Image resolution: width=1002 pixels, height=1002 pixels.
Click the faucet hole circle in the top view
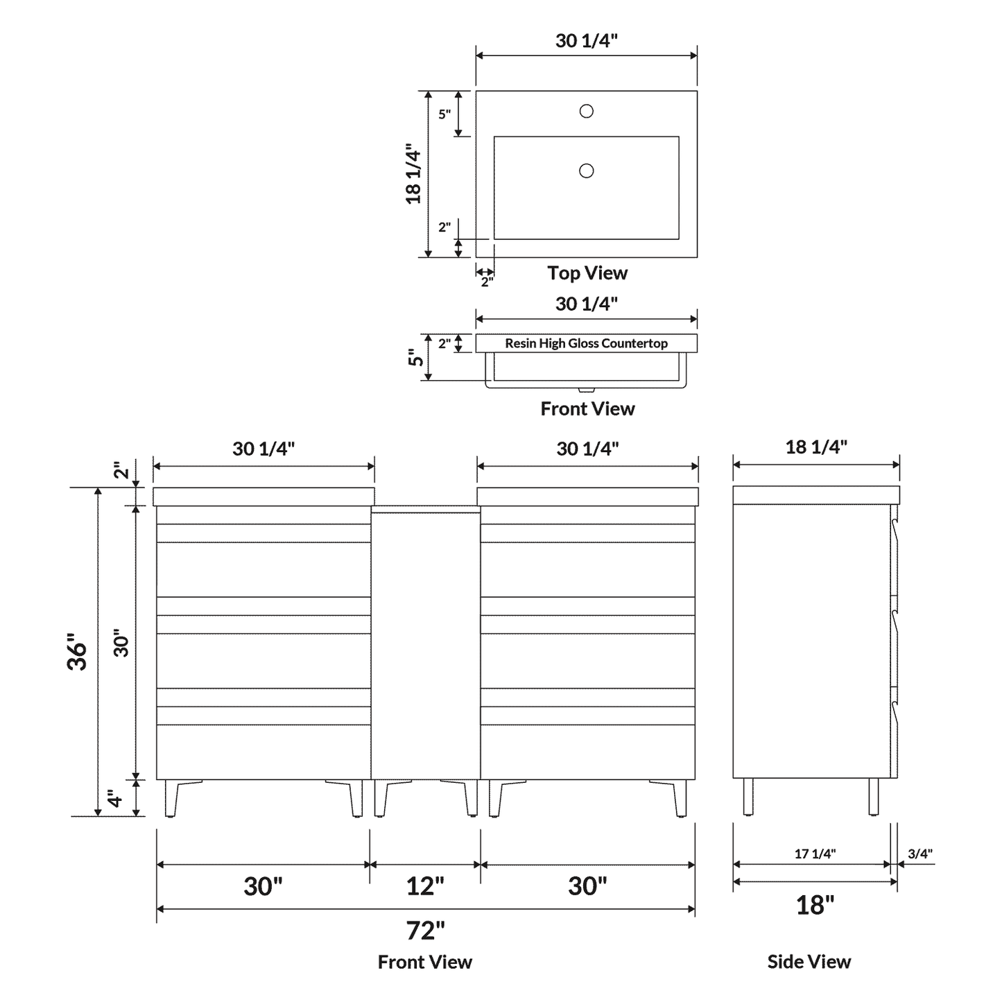coord(586,111)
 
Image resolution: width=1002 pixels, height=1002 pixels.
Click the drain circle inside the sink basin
coord(586,171)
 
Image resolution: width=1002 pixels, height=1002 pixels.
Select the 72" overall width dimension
coord(425,930)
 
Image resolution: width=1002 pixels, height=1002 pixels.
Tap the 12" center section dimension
coord(425,886)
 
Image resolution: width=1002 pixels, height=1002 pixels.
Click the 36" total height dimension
coord(78,651)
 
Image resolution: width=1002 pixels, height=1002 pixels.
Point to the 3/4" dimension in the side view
coord(920,854)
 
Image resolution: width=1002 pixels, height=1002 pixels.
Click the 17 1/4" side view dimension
coord(815,854)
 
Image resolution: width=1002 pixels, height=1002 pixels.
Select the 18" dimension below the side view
coord(815,904)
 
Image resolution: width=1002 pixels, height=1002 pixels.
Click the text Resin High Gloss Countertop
coord(586,343)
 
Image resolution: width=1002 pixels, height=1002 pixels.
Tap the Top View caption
coord(587,273)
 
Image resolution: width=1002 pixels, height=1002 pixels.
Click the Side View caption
coord(809,962)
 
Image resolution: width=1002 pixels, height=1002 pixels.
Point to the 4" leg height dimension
coord(116,798)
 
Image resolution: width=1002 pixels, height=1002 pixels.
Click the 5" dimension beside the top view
coord(444,114)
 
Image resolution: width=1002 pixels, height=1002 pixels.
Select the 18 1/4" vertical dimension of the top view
coord(414,174)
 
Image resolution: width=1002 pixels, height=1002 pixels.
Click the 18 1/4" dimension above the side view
coord(816,447)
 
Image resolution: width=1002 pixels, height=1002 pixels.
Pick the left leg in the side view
coord(748,797)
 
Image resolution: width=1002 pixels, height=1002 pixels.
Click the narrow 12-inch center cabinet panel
coord(425,645)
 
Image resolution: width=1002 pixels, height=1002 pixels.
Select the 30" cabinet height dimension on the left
coord(121,643)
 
